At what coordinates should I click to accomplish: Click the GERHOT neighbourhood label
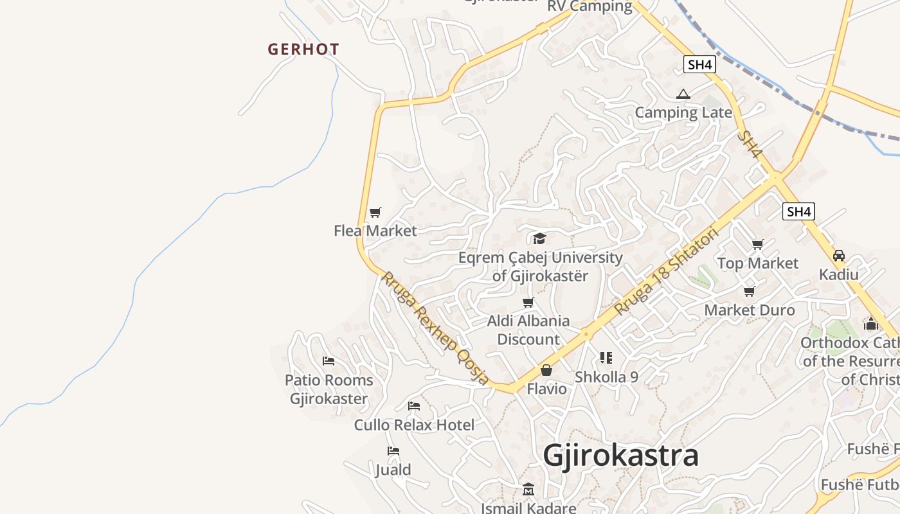(303, 49)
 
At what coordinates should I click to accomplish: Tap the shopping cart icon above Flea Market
(375, 212)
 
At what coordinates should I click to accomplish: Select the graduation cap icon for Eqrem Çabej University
(539, 239)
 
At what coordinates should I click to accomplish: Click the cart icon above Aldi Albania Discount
(528, 302)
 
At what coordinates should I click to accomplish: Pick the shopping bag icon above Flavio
(546, 370)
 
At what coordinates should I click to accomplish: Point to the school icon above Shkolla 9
(606, 358)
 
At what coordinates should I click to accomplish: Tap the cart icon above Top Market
(758, 244)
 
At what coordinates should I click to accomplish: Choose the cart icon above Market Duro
(749, 292)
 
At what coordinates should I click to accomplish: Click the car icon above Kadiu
(839, 256)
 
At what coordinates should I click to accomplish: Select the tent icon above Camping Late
(683, 94)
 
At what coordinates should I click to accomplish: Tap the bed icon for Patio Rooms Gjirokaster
(328, 361)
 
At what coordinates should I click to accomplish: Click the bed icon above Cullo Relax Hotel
(414, 406)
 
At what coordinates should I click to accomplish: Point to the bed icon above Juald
(393, 451)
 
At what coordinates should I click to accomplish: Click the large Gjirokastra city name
(620, 456)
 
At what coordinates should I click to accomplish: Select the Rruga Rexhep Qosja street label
(435, 328)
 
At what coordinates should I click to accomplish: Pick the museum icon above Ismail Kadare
(528, 490)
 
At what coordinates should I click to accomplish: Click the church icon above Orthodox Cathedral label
(871, 324)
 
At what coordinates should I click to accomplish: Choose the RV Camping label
(590, 6)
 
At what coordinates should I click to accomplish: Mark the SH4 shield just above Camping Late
(700, 64)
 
